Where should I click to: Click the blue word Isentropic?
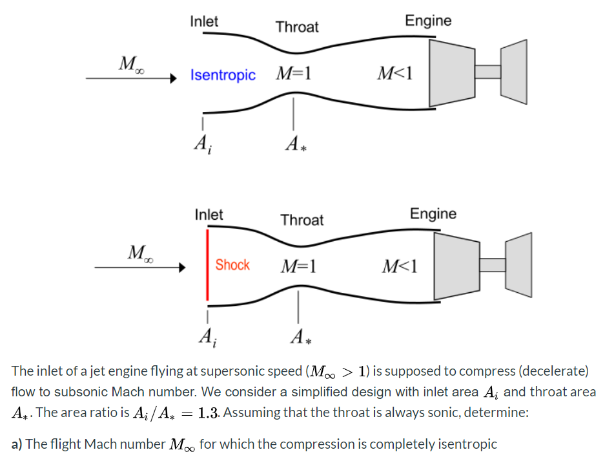tap(223, 75)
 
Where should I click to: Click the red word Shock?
tap(232, 265)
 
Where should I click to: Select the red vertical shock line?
tap(207, 264)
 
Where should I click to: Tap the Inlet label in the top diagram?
tap(204, 21)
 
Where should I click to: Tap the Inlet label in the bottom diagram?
tap(209, 215)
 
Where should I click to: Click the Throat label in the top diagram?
tap(297, 27)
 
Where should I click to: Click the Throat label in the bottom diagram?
tap(302, 220)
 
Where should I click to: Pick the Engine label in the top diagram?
tap(428, 21)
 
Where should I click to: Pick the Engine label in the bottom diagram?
tap(433, 214)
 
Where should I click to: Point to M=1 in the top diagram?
tap(294, 73)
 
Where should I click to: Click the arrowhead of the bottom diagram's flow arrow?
tap(183, 266)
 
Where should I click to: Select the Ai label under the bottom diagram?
tap(207, 337)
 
